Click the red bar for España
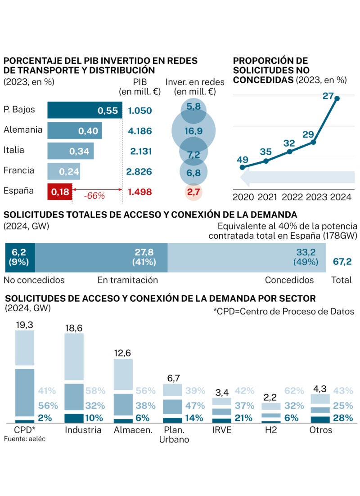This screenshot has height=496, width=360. click(x=59, y=192)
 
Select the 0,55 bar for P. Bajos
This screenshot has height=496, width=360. click(x=85, y=111)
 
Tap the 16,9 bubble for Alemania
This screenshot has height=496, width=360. click(x=193, y=131)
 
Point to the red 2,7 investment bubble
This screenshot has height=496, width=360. click(x=193, y=192)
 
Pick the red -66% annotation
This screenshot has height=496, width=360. click(x=95, y=196)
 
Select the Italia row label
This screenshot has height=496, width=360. click(x=14, y=150)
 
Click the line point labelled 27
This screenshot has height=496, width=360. click(x=337, y=98)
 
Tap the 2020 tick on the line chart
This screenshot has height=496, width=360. click(x=243, y=197)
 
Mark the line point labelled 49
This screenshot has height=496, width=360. click(x=243, y=167)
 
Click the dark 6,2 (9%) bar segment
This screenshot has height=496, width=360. click(x=19, y=258)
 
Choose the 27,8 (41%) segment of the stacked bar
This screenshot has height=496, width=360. click(x=101, y=258)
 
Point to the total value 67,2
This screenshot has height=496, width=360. click(x=342, y=262)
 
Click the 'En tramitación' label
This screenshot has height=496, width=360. click(x=128, y=280)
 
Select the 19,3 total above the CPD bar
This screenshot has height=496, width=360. click(x=25, y=324)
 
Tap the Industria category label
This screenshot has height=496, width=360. click(x=83, y=430)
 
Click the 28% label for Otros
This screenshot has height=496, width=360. click(x=342, y=418)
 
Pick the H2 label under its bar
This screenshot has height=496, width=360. click(x=270, y=430)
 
